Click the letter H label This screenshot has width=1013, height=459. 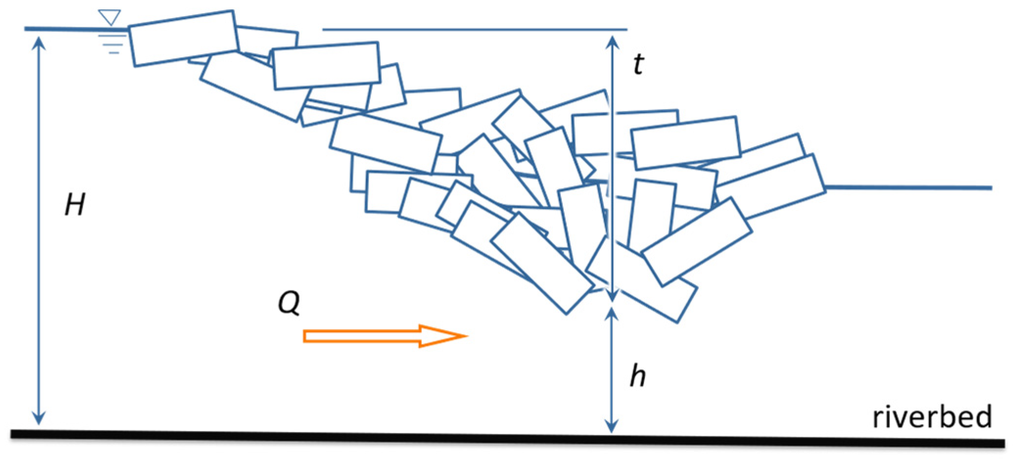(75, 204)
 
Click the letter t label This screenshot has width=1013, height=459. (638, 64)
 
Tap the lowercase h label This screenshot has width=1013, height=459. (638, 376)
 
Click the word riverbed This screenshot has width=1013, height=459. (932, 417)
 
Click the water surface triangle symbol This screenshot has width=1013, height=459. (109, 17)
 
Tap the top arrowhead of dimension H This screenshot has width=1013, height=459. (39, 43)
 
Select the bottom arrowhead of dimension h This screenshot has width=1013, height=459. (612, 426)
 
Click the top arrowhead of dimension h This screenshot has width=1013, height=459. (612, 313)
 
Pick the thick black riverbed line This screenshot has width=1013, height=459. (489, 437)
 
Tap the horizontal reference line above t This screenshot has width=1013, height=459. (475, 29)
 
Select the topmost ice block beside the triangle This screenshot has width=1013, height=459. (184, 38)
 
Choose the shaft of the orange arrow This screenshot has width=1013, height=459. (362, 336)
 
